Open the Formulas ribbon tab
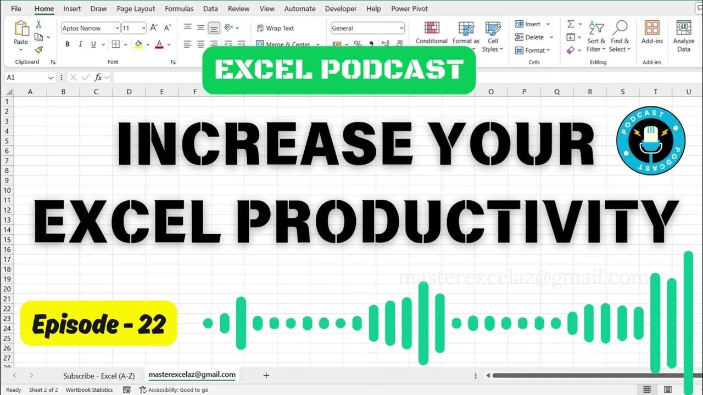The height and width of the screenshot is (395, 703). pos(179,9)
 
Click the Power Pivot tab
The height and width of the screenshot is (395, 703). pos(409,9)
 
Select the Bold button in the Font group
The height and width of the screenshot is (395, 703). pos(68,44)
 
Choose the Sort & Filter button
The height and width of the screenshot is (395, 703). pos(596,36)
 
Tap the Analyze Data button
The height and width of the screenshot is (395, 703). pos(684,36)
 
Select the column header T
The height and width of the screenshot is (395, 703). pos(656,92)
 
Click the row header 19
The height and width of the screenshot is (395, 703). pos(8,279)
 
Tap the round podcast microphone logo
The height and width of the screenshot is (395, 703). pos(651,141)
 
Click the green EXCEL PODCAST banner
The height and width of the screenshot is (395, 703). pos(338,70)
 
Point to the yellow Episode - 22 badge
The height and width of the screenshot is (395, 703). pos(98,324)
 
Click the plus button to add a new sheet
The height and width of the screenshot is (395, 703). pos(266,375)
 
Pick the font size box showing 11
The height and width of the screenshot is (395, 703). pos(130,28)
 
